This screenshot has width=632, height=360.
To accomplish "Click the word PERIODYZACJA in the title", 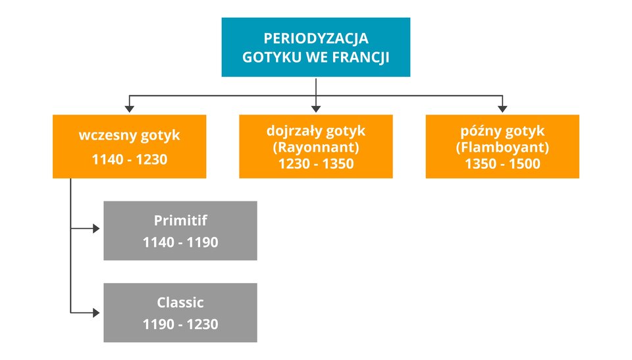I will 316,38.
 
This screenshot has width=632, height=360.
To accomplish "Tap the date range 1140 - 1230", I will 130,159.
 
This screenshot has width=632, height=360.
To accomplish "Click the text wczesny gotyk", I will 130,136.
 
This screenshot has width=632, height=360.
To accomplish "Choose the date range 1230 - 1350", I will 316,164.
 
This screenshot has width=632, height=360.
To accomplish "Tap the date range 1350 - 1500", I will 502,164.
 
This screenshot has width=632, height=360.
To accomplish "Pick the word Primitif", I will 180,220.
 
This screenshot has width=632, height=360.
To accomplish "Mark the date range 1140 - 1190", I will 180,242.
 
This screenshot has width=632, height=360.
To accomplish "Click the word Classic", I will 180,303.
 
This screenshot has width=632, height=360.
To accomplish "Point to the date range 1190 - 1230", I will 180,324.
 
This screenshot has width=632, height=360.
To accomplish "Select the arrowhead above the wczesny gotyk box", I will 130,107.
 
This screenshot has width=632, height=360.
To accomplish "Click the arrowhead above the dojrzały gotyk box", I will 316,107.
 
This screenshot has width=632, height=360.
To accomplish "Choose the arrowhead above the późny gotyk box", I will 502,107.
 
